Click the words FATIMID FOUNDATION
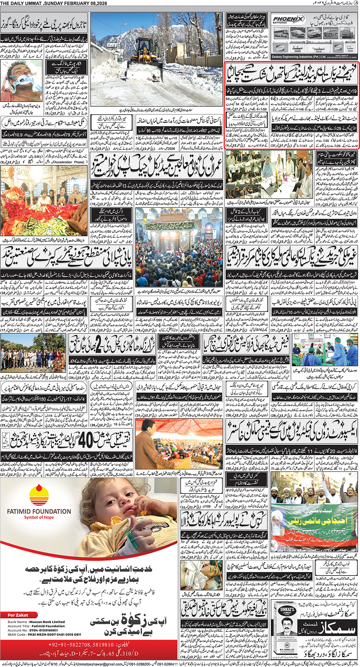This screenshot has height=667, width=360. pos(39,511)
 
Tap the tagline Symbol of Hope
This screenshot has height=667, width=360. pos(39,517)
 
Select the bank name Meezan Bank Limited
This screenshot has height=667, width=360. pos(46,622)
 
